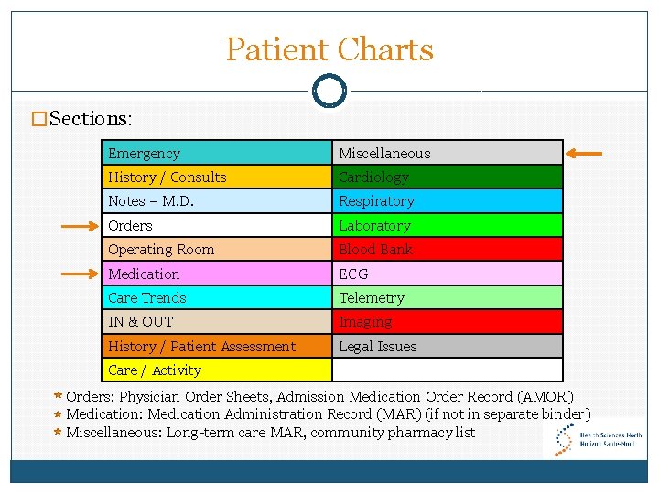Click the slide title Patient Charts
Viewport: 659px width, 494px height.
[329, 49]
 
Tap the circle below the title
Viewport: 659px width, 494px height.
[329, 91]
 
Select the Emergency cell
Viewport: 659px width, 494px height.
[216, 153]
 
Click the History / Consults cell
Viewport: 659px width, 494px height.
[216, 177]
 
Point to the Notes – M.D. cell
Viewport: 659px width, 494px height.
[216, 201]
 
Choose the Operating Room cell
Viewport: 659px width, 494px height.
[216, 250]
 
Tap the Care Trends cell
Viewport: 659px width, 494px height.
[216, 297]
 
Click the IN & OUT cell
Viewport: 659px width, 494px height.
[216, 322]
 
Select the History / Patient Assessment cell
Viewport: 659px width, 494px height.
[216, 346]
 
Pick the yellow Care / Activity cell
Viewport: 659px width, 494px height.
[216, 370]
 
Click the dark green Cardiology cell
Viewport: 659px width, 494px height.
[447, 177]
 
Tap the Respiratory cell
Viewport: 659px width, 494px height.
[447, 201]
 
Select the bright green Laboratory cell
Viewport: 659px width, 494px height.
[447, 225]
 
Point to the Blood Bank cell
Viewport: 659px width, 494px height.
[447, 250]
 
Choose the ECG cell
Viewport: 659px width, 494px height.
[447, 274]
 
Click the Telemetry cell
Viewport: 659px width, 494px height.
[447, 297]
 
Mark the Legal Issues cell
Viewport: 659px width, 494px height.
[447, 346]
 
